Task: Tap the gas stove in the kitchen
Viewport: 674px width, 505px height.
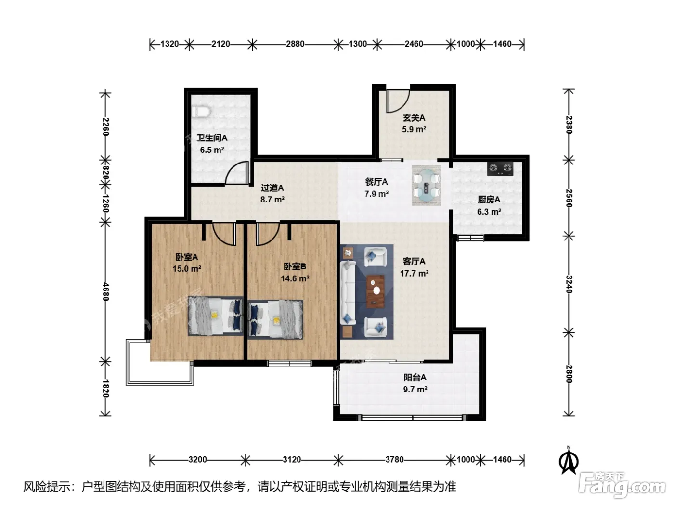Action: (500, 169)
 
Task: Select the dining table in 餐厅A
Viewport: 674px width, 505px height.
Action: (426, 186)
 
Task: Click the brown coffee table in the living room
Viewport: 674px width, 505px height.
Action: (376, 290)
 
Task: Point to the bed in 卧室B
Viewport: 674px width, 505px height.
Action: (275, 319)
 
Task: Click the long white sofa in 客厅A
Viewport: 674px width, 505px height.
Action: (348, 292)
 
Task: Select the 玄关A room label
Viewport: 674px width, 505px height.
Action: (414, 118)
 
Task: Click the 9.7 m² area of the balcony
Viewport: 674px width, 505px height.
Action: (415, 389)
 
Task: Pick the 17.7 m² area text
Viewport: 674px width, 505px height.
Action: (414, 273)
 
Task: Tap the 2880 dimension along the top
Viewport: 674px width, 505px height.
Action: (295, 44)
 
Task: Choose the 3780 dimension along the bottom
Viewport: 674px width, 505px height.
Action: (394, 460)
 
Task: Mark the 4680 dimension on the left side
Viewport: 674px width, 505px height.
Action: (105, 291)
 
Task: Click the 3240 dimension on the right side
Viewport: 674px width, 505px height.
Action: (569, 284)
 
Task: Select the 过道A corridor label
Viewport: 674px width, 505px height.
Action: (272, 188)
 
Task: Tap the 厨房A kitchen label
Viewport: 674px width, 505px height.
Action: (489, 200)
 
